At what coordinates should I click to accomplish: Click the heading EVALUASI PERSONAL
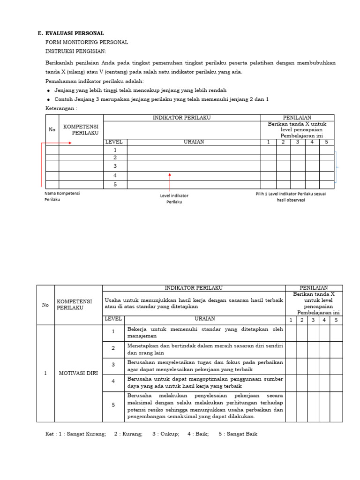coord(75,33)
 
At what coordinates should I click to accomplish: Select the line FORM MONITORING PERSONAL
coord(86,42)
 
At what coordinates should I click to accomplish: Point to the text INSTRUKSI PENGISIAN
coord(75,51)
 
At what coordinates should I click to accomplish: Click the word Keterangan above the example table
coord(61,108)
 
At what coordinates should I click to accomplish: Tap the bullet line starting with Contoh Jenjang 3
coord(161,99)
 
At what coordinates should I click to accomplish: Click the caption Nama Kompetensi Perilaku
coord(62,196)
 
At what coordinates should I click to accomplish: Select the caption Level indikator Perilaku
coord(174,198)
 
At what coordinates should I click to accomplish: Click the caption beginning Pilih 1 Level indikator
coord(291,196)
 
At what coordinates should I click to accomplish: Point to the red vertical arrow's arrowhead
coord(170,175)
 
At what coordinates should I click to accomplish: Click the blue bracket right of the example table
coord(337,167)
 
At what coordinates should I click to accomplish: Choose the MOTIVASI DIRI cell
coord(78,373)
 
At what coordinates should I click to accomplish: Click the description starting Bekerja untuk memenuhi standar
coord(205,332)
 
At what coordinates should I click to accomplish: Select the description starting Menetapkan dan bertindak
coord(205,349)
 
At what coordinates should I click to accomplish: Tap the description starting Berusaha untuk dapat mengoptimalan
coord(205,382)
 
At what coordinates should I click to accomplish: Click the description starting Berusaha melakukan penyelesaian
coord(205,406)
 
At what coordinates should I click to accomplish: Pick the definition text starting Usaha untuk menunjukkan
coord(194,303)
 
